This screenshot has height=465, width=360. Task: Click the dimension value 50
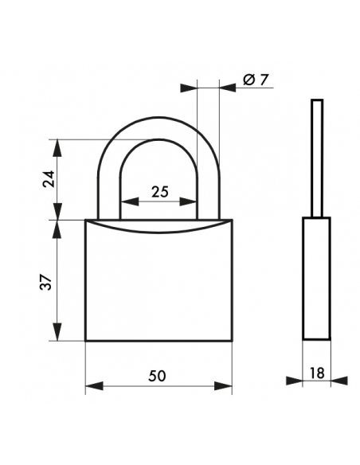[x=157, y=376]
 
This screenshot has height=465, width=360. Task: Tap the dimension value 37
[x=47, y=282]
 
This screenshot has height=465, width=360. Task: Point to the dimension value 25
[x=160, y=192]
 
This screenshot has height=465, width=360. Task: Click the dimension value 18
[x=317, y=373]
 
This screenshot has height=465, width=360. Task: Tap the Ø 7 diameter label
[x=256, y=80]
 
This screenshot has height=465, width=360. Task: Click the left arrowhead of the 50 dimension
[x=94, y=386]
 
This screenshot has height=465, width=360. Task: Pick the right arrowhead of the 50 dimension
[x=223, y=386]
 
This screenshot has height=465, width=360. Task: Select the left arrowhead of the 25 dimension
[x=130, y=201]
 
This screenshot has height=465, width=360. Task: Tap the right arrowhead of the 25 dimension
[x=188, y=201]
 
